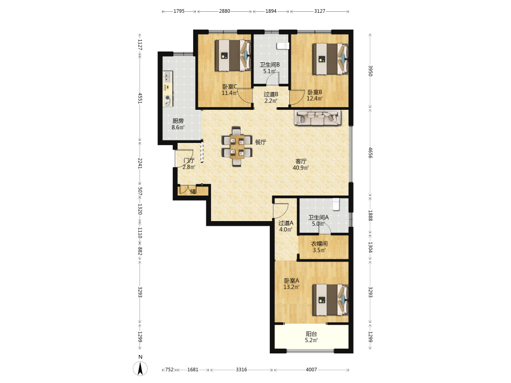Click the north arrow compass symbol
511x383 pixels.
(x=140, y=369)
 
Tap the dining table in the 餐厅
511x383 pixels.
(x=237, y=147)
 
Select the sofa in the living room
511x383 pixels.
(x=318, y=117)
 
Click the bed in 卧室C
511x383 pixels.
(x=233, y=55)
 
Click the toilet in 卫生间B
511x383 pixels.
(x=283, y=45)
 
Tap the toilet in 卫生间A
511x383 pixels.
(x=336, y=205)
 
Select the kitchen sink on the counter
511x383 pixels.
(x=168, y=77)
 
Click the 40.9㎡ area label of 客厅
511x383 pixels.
(x=300, y=168)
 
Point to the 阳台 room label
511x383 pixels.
(x=311, y=334)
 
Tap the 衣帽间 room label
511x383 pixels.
(x=319, y=244)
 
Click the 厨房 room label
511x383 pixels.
(x=178, y=121)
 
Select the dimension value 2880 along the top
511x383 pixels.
(x=224, y=11)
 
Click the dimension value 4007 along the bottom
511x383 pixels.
(x=311, y=370)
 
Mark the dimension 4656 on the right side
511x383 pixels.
(x=370, y=153)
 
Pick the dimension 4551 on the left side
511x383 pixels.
(x=140, y=98)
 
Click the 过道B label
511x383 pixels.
(x=271, y=94)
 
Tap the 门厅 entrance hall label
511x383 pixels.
(x=189, y=160)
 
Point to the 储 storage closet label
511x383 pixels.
(x=193, y=192)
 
